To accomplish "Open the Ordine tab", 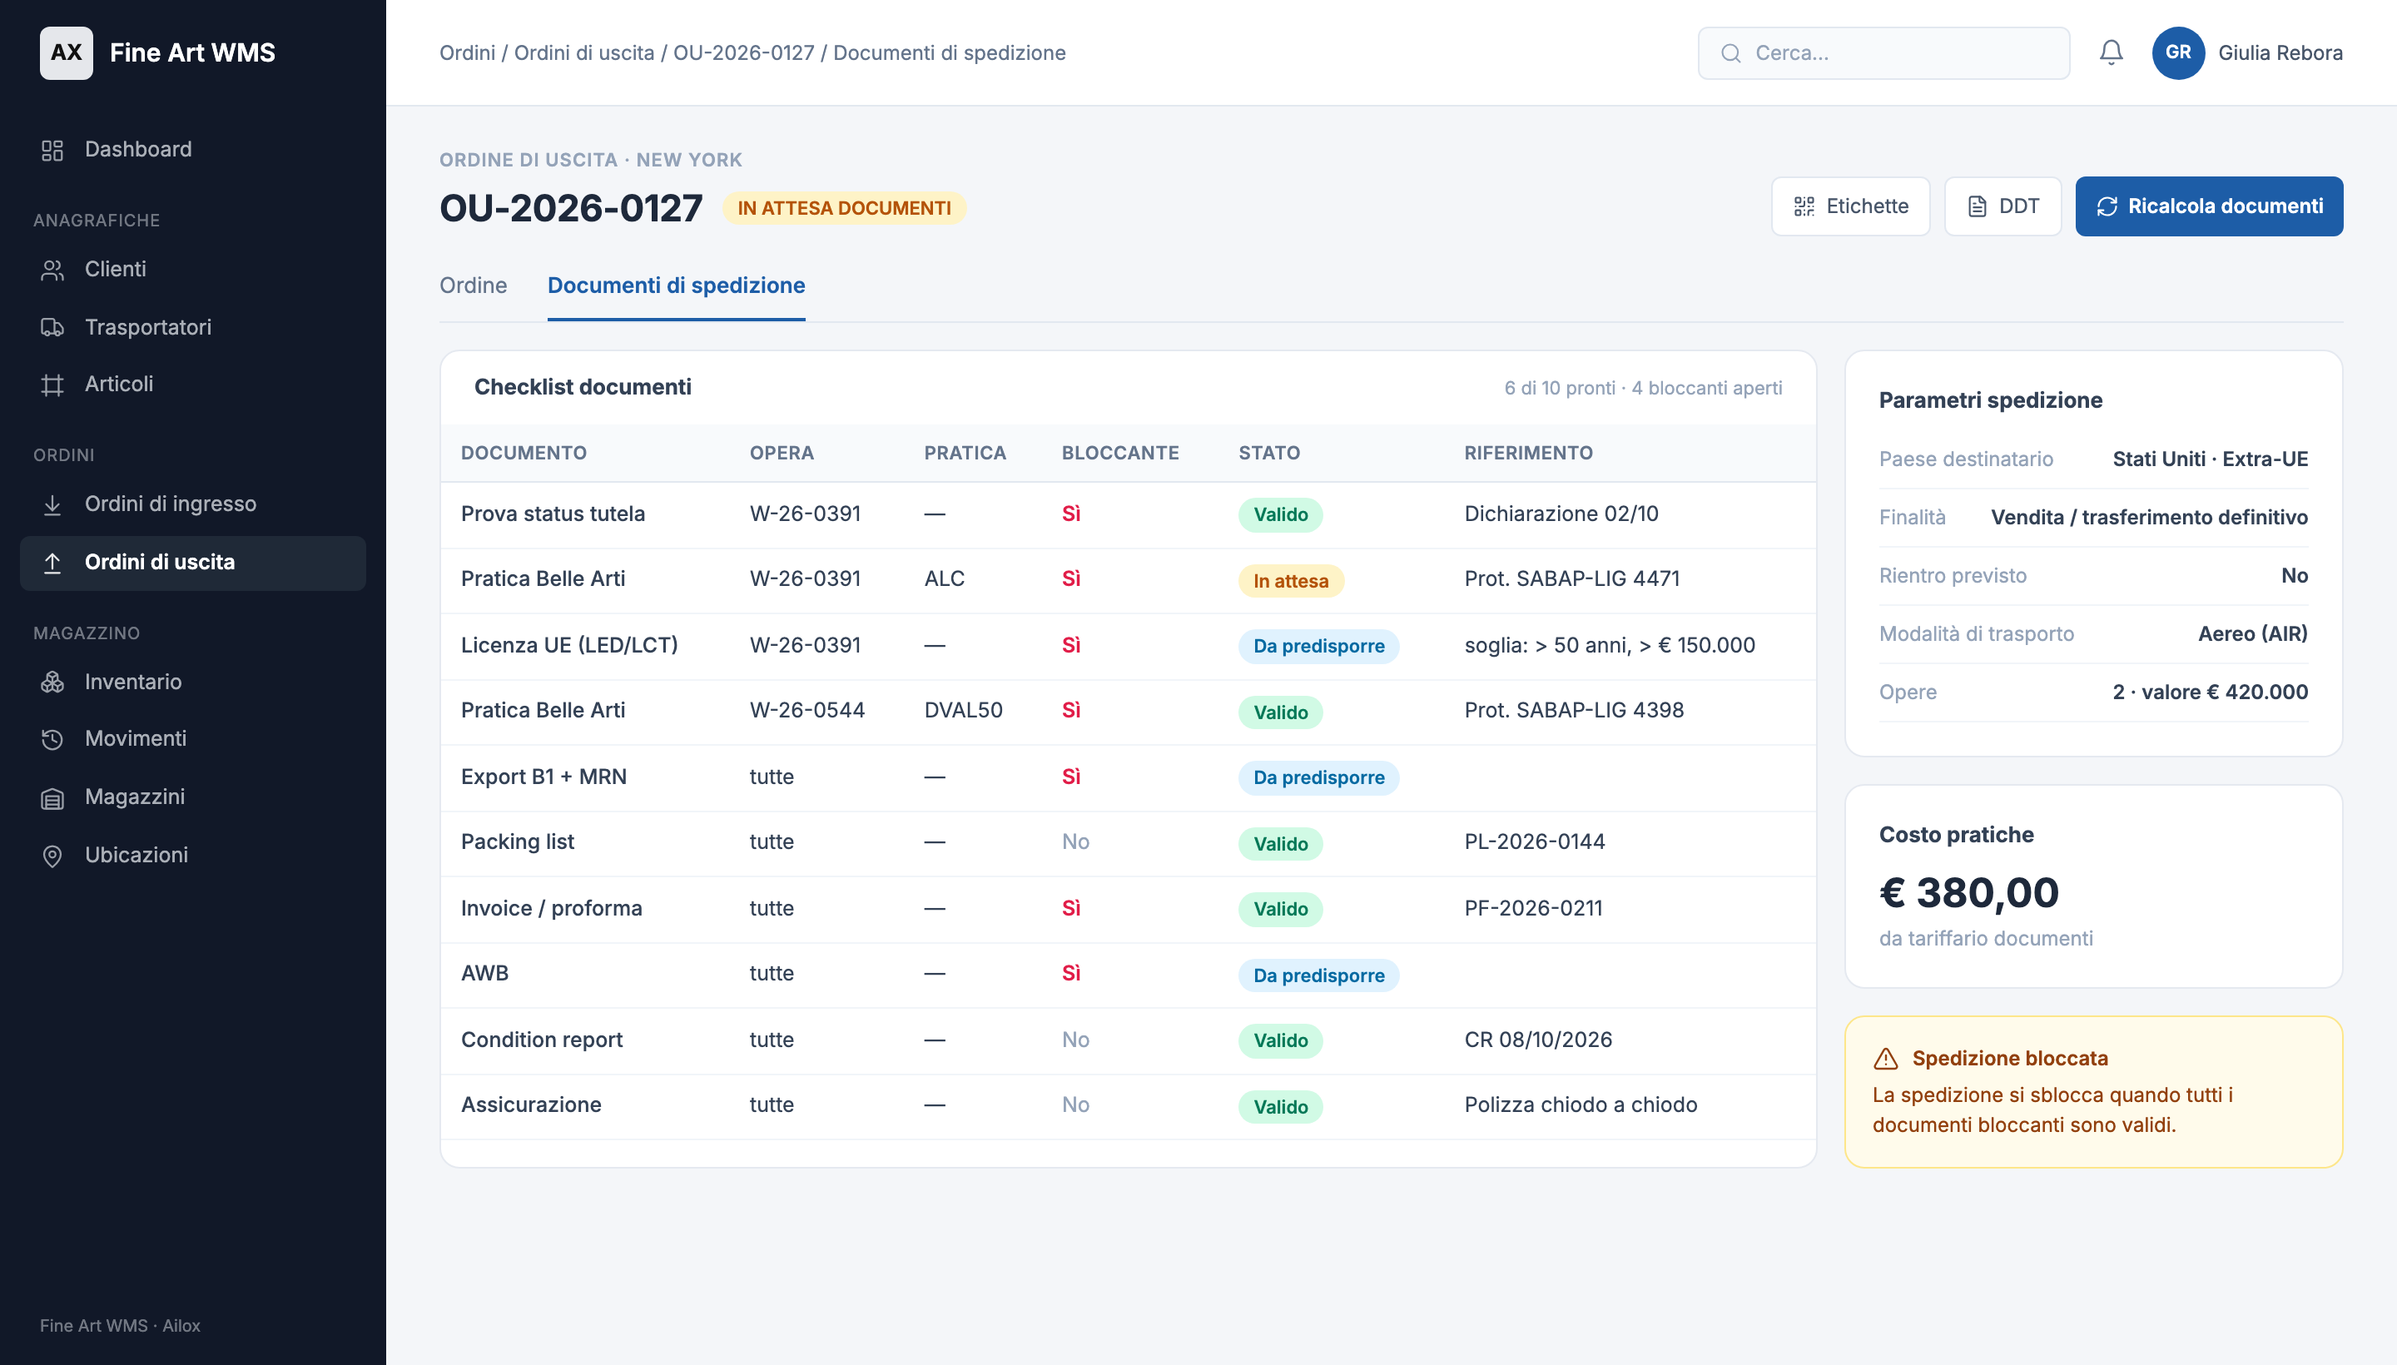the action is (474, 285).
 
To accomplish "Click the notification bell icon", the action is (2110, 52).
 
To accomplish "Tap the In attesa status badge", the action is (1290, 580).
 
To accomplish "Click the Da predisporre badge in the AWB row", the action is (1318, 975).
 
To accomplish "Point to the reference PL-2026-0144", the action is (1534, 841).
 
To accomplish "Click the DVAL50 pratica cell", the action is (963, 711).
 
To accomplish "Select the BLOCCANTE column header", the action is (1119, 453).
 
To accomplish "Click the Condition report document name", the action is (541, 1040).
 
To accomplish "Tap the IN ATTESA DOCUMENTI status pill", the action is (844, 208).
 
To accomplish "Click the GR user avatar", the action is (2176, 52).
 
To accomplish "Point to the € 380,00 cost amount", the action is (1968, 892).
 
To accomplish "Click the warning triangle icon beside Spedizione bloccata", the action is (1885, 1060).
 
